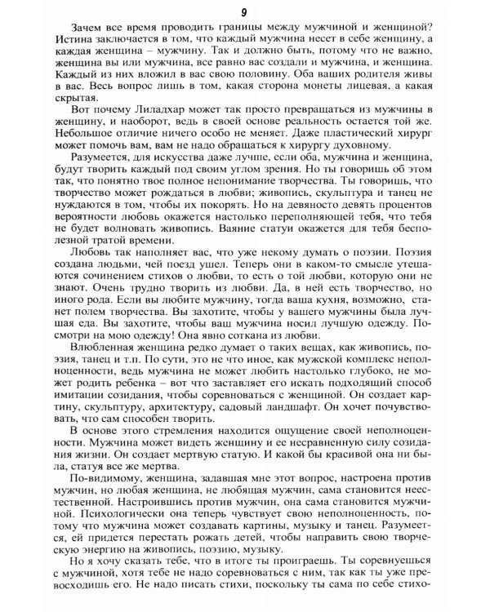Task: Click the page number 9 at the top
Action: (244, 11)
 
